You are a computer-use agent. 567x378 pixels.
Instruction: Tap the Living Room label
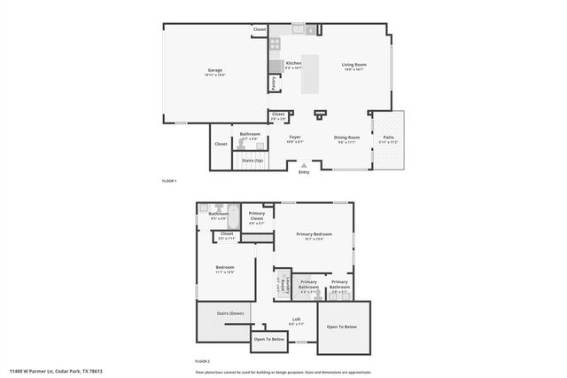[x=355, y=65]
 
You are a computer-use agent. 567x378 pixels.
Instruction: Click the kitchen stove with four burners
[x=276, y=42]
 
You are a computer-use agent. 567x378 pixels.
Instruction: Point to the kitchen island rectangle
[x=311, y=75]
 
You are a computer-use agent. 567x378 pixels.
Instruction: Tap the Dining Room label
[x=346, y=138]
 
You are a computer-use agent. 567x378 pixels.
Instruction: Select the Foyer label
[x=295, y=138]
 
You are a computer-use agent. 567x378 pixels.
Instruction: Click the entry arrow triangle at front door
[x=305, y=164]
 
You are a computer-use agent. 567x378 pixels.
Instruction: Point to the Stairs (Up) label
[x=252, y=161]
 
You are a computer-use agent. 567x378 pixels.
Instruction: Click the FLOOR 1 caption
[x=169, y=181]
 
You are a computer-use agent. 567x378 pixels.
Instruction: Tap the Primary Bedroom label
[x=315, y=235]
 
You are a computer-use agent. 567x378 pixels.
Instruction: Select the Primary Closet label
[x=257, y=216]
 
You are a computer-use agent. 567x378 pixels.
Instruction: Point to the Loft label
[x=297, y=320]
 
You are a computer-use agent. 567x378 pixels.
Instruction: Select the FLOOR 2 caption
[x=203, y=362]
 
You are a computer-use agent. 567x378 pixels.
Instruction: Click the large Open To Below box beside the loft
[x=342, y=327]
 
